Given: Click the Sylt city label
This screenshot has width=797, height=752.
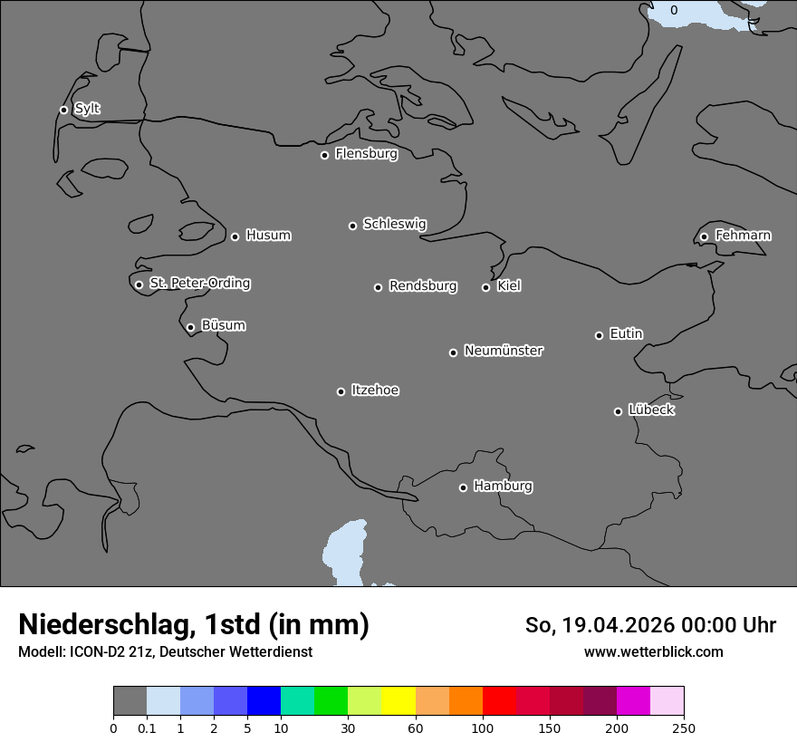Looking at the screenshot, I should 87,109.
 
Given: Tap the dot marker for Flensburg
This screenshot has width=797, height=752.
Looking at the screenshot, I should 324,155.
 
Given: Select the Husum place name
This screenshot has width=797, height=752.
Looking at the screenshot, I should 268,236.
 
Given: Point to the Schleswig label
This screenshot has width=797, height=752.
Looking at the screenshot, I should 394,224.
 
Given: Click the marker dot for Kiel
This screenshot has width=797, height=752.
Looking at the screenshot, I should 485,287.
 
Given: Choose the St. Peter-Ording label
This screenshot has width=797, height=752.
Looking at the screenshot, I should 199,284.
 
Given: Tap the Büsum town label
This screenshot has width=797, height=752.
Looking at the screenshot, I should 223,325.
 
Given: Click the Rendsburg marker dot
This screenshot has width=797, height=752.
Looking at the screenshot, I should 378,287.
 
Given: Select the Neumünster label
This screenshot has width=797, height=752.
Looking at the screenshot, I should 504,351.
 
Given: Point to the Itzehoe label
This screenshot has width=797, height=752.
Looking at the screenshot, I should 375,390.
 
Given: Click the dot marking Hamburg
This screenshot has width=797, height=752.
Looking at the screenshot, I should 463,487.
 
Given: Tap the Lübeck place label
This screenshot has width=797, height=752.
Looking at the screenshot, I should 651,410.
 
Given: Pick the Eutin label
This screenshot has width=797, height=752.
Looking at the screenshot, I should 626,334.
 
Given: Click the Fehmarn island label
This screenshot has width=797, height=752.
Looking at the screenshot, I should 743,236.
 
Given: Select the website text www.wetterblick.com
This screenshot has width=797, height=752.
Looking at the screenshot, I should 653,651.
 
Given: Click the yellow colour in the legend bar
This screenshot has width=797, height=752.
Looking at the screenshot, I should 398,701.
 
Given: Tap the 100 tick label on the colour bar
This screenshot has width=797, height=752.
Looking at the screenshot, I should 483,728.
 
